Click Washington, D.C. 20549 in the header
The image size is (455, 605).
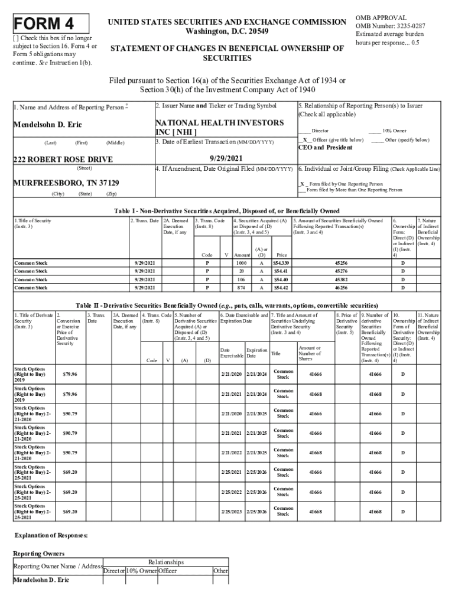coord(226,31)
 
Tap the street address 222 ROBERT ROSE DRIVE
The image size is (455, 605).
coord(63,160)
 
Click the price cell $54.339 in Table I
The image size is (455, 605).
coord(281,262)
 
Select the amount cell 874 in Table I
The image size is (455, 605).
coord(241,288)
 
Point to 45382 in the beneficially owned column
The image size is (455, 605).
coord(341,279)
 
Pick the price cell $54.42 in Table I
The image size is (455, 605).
coord(281,288)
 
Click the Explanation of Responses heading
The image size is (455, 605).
coord(51,535)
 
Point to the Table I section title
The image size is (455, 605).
coord(226,210)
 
